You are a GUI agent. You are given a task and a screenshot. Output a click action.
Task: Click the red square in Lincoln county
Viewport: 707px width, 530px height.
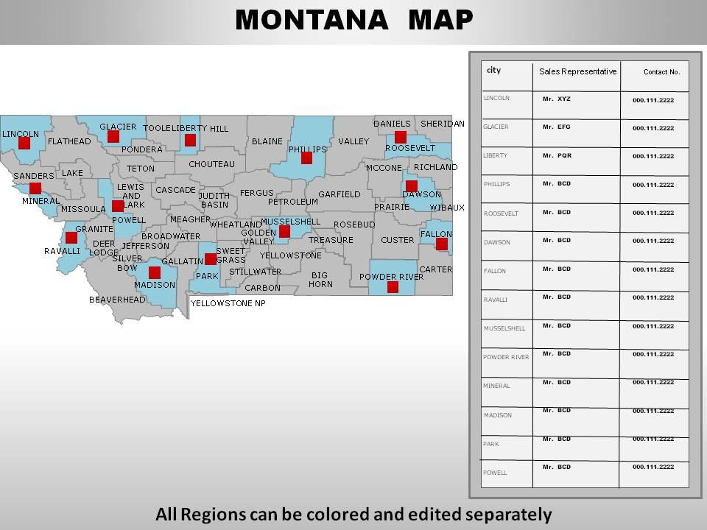[x=24, y=143]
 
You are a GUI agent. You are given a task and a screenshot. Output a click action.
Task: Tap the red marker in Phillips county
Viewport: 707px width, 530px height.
[x=306, y=158]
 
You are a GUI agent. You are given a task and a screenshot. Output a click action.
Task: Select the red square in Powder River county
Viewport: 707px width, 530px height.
[x=393, y=287]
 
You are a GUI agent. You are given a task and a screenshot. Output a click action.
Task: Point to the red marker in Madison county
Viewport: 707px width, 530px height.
[x=155, y=272]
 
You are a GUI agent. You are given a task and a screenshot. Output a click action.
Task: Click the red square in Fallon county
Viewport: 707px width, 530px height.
[x=442, y=244]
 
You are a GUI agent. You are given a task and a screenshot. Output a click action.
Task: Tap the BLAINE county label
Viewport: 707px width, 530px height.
[x=267, y=141]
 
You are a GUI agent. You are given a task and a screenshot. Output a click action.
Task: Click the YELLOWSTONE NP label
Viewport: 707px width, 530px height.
[x=228, y=303]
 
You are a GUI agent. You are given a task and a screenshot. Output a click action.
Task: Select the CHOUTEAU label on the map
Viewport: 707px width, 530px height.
[x=211, y=164]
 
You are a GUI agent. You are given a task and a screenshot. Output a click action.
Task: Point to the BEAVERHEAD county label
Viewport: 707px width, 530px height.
[x=117, y=300]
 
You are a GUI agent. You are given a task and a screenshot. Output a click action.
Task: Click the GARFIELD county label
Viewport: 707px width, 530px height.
[x=340, y=195]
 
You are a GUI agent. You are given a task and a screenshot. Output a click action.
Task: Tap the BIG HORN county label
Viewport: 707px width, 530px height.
[x=320, y=280]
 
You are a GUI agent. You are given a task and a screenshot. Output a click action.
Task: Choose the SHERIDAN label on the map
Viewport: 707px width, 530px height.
[x=443, y=124]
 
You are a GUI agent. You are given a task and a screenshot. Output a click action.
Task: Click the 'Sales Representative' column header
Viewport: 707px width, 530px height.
[x=577, y=71]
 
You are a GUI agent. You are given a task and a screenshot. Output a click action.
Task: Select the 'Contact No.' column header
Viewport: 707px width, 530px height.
[x=661, y=72]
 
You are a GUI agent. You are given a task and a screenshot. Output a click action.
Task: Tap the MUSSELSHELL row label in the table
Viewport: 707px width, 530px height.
[x=504, y=328]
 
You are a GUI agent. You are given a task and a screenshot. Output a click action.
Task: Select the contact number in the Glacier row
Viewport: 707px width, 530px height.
[x=653, y=128]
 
